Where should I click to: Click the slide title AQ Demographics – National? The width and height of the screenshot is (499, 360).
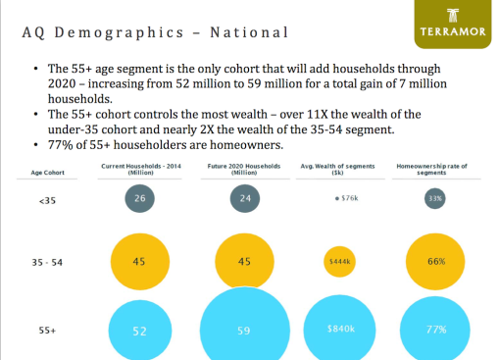[x=154, y=32]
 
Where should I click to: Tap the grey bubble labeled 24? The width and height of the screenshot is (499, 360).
[x=245, y=200]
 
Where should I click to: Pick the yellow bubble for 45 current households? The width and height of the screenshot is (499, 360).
[x=140, y=262]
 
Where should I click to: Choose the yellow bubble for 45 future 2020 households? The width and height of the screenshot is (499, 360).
[x=244, y=262]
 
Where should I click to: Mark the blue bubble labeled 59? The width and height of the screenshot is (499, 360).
[x=245, y=329]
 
